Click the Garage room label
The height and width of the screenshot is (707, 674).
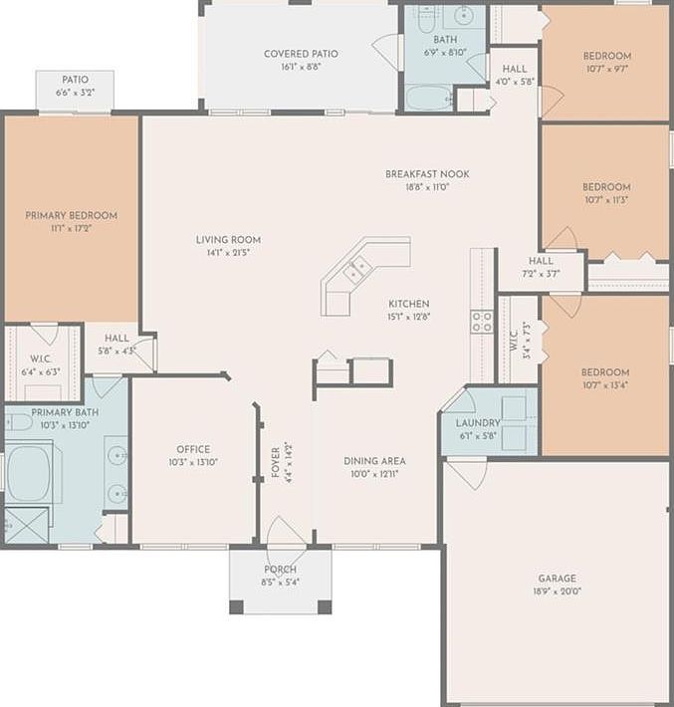(x=557, y=578)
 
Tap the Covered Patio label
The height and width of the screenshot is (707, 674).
(x=301, y=54)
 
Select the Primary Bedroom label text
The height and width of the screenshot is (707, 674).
(x=71, y=215)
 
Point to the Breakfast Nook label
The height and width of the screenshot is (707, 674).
(x=427, y=174)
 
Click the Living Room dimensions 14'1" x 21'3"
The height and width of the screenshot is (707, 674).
(x=228, y=253)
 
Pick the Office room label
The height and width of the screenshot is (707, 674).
(x=193, y=449)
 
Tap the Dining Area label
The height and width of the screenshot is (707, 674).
(x=374, y=461)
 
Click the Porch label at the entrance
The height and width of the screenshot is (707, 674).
(x=280, y=570)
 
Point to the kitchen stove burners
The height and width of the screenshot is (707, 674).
(x=482, y=321)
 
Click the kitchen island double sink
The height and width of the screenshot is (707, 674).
(x=357, y=268)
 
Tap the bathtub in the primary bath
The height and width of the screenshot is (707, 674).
(x=34, y=472)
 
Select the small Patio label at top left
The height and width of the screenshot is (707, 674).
(x=75, y=80)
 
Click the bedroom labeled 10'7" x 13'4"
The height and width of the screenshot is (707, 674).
(x=605, y=378)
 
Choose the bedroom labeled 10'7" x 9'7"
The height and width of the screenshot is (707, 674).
(x=606, y=62)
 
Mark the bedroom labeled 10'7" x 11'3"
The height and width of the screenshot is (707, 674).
(x=606, y=193)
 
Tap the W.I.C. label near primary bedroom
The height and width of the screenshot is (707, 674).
(x=41, y=360)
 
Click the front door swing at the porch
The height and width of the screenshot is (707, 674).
(x=287, y=533)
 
